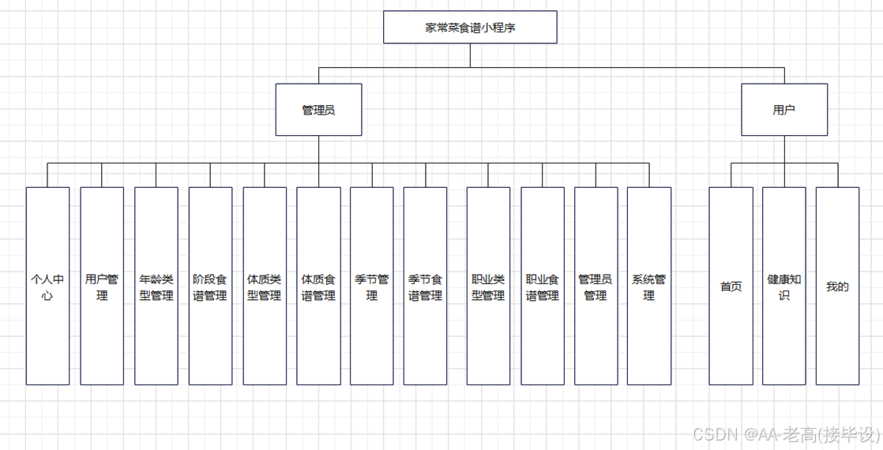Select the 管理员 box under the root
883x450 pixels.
(x=318, y=110)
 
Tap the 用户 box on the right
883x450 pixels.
(x=784, y=110)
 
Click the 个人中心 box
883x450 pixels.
(x=47, y=286)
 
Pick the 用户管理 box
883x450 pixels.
(x=102, y=286)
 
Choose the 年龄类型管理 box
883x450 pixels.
(x=156, y=286)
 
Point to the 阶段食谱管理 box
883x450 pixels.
(x=210, y=286)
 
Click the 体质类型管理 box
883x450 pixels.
(x=265, y=286)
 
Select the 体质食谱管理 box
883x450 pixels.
(x=318, y=286)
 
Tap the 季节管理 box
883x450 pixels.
(x=372, y=286)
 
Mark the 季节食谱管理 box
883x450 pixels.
(x=426, y=286)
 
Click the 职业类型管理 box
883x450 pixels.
(x=488, y=286)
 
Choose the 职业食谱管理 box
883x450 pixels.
(x=543, y=286)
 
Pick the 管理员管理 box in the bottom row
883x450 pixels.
(x=596, y=286)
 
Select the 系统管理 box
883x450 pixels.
(x=649, y=286)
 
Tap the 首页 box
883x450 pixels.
(x=731, y=286)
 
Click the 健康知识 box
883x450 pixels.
(x=784, y=286)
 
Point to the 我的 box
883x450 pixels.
(x=837, y=286)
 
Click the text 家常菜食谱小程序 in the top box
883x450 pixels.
(x=470, y=28)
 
